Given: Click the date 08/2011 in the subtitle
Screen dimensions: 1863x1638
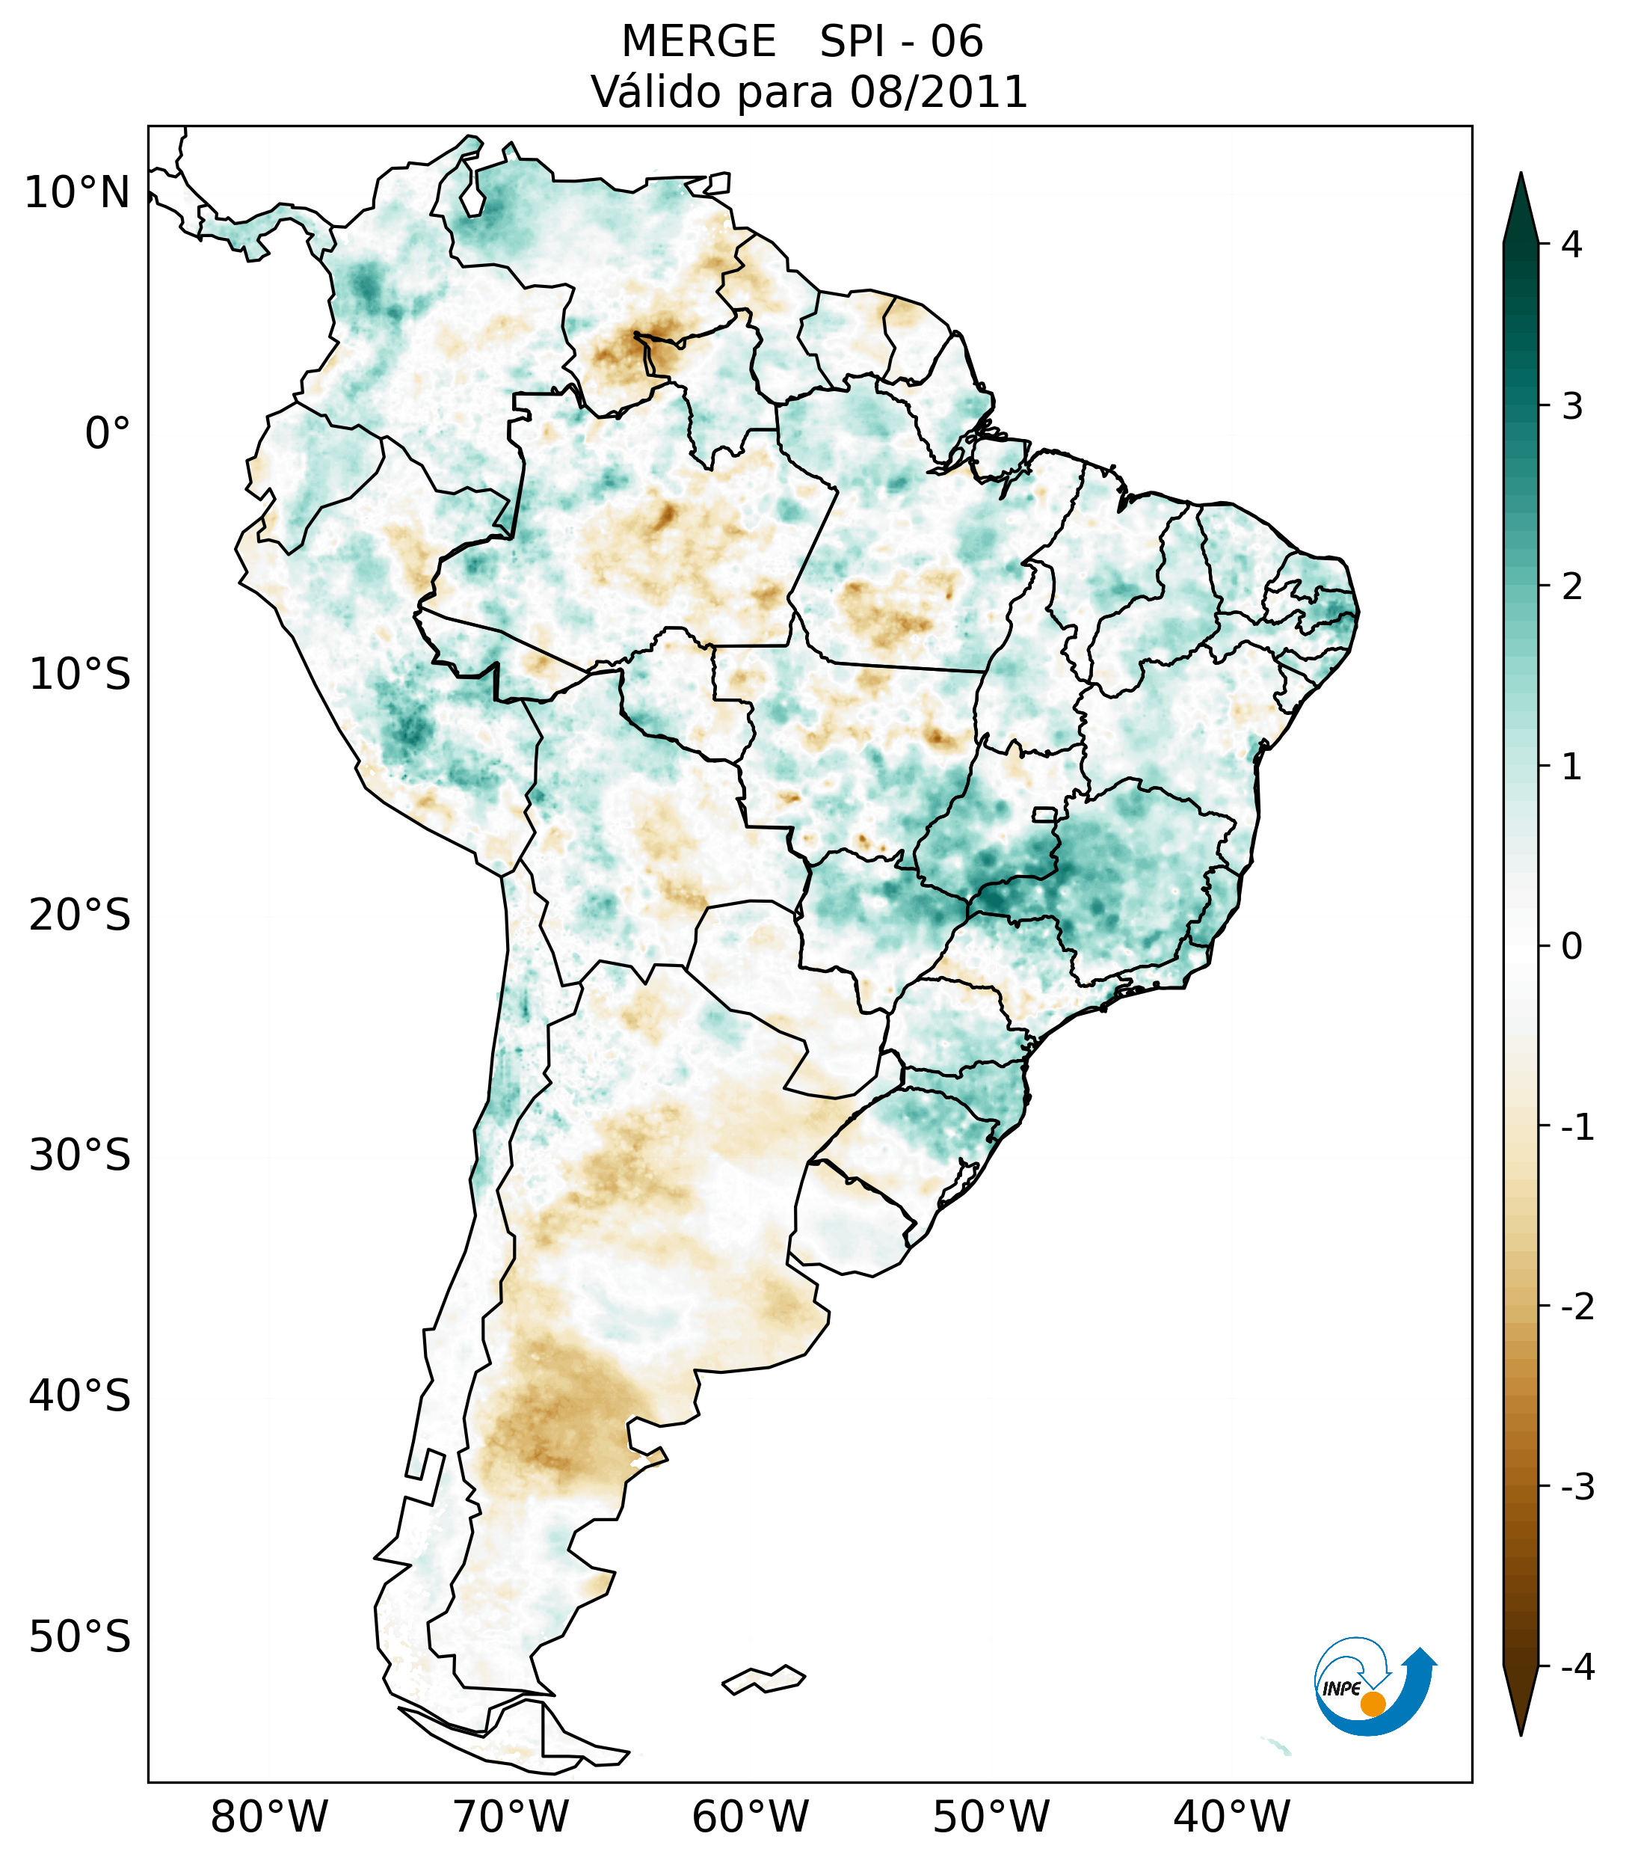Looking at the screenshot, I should pos(938,92).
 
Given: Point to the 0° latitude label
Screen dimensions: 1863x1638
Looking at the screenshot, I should pos(107,434).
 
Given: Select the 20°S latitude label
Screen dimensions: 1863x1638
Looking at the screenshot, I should pos(80,915).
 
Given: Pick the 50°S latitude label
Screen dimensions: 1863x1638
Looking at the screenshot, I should pos(80,1637).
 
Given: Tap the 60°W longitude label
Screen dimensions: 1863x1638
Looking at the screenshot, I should pos(750,1817).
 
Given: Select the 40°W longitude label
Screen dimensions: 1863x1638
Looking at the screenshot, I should pos(1231,1817).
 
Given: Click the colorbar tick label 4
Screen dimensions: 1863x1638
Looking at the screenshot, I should pos(1571,245).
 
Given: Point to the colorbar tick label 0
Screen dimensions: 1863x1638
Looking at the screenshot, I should pos(1571,946).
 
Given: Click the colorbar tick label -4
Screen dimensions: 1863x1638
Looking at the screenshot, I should pos(1577,1667).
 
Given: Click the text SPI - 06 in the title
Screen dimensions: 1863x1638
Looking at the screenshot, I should pos(901,42).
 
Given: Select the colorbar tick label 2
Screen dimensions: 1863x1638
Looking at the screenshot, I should pos(1571,586).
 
